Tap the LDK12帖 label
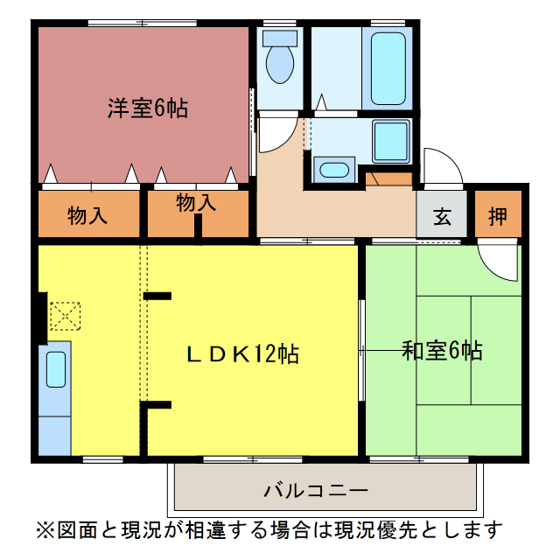point(243,353)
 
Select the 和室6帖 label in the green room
point(442,351)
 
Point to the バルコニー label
point(316,490)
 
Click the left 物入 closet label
point(87,215)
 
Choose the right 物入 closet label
point(196,203)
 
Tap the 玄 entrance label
point(442,215)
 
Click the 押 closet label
point(498,215)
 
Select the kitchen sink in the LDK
point(55,368)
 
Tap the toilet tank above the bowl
point(280,38)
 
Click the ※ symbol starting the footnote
point(45,530)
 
